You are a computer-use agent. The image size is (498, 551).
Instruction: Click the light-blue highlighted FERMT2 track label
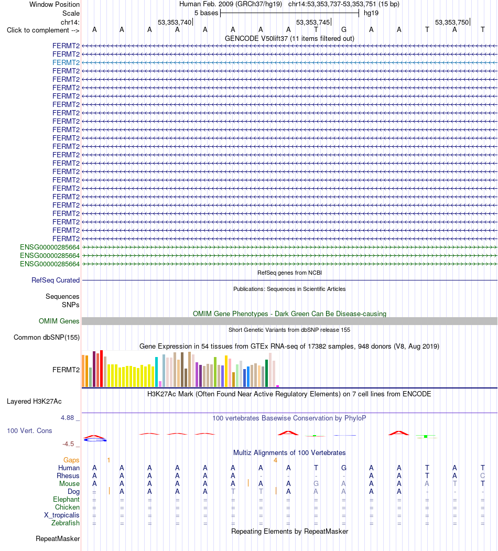pyautogui.click(x=66, y=62)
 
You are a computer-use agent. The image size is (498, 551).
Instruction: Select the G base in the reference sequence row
pyautogui.click(x=344, y=30)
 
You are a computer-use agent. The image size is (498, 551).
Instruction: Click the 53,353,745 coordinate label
pyautogui.click(x=313, y=23)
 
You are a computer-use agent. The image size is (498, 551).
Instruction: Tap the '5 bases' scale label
pyautogui.click(x=207, y=13)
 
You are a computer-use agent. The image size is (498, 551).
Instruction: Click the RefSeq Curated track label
pyautogui.click(x=56, y=280)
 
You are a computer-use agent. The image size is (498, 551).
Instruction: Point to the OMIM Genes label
pyautogui.click(x=59, y=321)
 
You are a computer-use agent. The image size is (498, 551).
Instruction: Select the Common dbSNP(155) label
pyautogui.click(x=47, y=337)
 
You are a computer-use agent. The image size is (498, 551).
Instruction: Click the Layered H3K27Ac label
pyautogui.click(x=35, y=401)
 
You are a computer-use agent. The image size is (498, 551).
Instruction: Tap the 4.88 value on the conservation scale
pyautogui.click(x=68, y=417)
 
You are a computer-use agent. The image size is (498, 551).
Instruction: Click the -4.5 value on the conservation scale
pyautogui.click(x=68, y=444)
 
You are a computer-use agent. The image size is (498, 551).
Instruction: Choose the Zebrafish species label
pyautogui.click(x=66, y=523)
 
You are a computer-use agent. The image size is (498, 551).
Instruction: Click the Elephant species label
pyautogui.click(x=67, y=499)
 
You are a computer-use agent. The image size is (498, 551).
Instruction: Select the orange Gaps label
pyautogui.click(x=71, y=460)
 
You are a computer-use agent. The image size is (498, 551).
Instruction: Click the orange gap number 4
pyautogui.click(x=276, y=460)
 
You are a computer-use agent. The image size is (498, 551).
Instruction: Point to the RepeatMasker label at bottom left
pyautogui.click(x=58, y=539)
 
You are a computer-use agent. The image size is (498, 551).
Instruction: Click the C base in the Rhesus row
pyautogui.click(x=483, y=476)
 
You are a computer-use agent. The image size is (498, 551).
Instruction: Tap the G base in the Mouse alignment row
pyautogui.click(x=316, y=483)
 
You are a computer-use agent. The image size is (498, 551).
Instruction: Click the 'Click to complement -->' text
pyautogui.click(x=43, y=30)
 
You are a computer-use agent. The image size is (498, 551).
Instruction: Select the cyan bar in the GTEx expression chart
pyautogui.click(x=156, y=372)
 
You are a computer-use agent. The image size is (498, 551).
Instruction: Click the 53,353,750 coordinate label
pyautogui.click(x=452, y=23)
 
